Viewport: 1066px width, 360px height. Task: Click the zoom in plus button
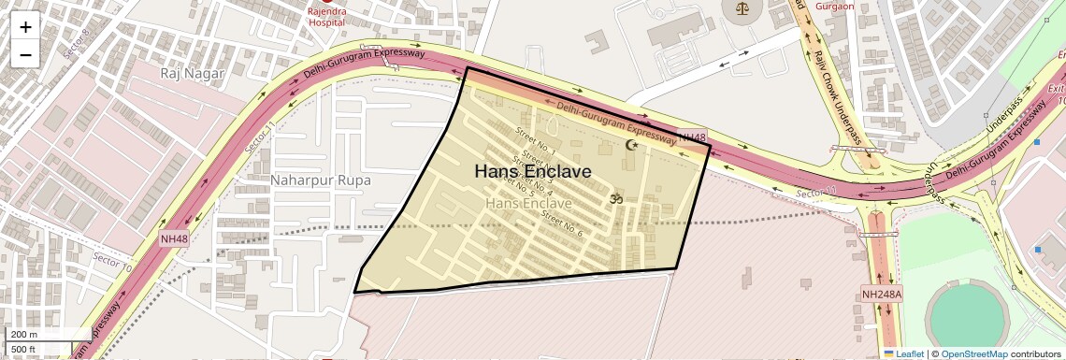click(25, 27)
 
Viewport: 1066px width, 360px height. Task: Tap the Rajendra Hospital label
click(327, 16)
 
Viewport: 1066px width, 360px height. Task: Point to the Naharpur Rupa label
click(321, 180)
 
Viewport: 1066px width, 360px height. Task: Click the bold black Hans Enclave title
click(533, 171)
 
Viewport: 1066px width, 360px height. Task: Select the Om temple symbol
click(614, 198)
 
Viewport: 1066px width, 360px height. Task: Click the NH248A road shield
click(882, 295)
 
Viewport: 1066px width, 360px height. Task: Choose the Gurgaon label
click(835, 6)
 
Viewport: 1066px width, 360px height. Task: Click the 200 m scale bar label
click(23, 335)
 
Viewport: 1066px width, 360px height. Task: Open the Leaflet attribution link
click(903, 353)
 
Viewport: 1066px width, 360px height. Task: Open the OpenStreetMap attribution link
click(973, 353)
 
